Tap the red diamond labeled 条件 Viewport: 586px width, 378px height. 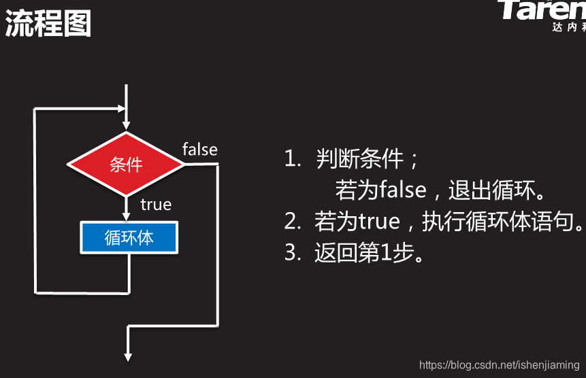click(126, 164)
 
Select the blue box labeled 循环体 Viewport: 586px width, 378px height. click(129, 238)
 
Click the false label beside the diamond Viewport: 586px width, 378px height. click(199, 150)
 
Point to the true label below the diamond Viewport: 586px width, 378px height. click(156, 204)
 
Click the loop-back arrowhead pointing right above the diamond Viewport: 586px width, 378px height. click(122, 108)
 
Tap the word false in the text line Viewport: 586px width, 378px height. click(403, 190)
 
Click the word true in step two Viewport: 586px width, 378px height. click(379, 222)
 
